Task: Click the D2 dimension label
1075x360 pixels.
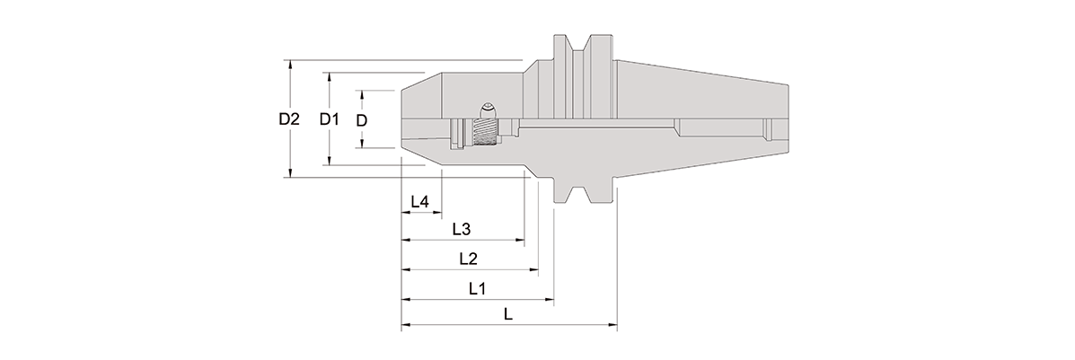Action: (289, 119)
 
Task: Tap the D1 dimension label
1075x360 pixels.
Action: (330, 119)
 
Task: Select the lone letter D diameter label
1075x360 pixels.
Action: (363, 120)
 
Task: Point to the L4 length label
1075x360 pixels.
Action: (419, 202)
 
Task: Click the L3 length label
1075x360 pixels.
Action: (462, 229)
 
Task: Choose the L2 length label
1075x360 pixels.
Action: (468, 259)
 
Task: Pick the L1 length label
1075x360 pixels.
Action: (477, 289)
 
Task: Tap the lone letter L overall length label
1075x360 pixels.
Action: (507, 315)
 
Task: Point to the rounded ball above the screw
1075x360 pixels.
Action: (489, 109)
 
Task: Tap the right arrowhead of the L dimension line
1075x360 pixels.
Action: (612, 324)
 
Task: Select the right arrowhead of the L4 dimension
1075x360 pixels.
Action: (436, 213)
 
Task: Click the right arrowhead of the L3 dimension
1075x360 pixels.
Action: (519, 240)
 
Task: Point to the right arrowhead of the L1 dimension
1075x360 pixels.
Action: (549, 300)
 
